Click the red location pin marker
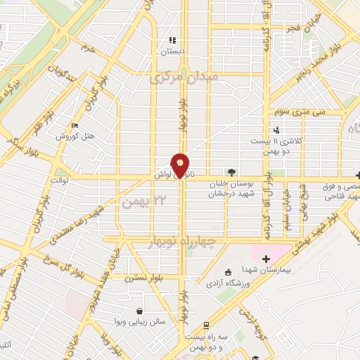tap(181, 165)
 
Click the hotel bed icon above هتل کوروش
tap(75, 125)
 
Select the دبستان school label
tap(172, 51)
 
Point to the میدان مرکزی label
tap(185, 78)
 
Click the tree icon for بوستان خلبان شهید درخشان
tap(231, 172)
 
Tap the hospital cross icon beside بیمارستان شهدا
tap(266, 260)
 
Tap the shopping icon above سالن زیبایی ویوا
tap(140, 311)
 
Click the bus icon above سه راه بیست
tap(205, 326)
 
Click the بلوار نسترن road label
tap(144, 278)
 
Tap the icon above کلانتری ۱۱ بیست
tap(276, 130)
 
